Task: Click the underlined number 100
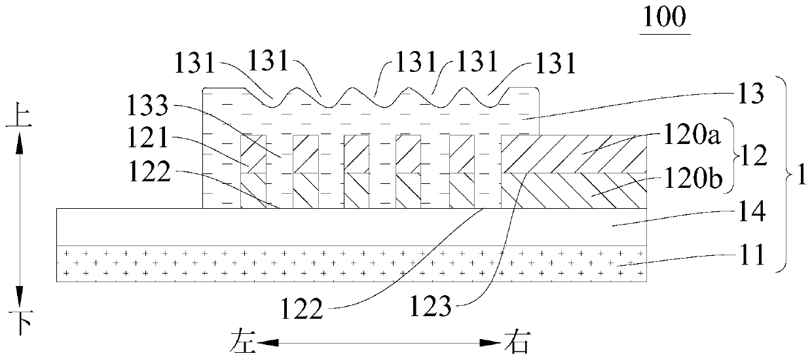coord(665,20)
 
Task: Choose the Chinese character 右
coord(516,342)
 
